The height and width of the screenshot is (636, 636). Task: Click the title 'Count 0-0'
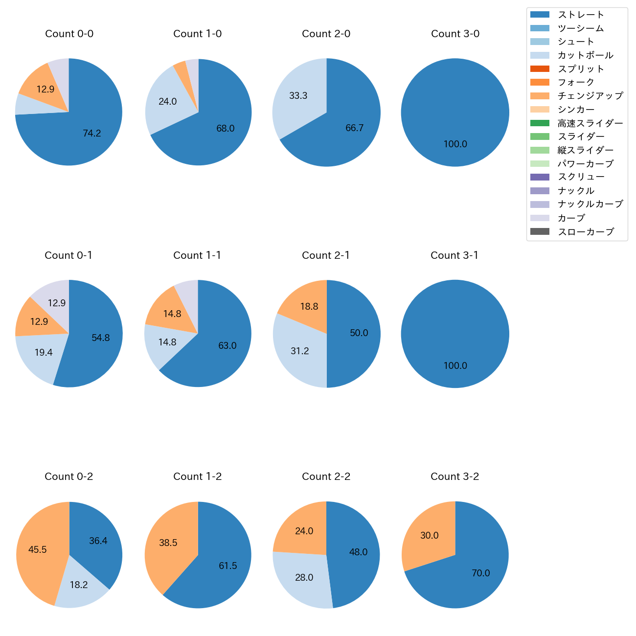point(69,34)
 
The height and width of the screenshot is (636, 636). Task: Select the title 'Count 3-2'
point(454,477)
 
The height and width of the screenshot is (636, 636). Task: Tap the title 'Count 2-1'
point(326,255)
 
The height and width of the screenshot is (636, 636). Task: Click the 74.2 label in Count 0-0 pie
point(92,133)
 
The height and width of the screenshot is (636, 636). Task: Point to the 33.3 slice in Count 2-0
point(298,95)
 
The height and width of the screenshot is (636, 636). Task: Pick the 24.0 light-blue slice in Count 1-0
point(168,102)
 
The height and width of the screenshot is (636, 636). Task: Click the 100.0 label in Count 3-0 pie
point(455,144)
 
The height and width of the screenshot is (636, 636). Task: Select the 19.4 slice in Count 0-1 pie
point(44,352)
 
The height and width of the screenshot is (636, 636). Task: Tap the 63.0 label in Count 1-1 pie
point(227,346)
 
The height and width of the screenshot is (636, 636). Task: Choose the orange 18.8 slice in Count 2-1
point(309,307)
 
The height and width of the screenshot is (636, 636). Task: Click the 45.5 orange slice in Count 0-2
point(38,549)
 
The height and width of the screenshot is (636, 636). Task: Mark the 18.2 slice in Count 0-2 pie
point(79,585)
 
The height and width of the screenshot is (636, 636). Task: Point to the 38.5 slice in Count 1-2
point(168,543)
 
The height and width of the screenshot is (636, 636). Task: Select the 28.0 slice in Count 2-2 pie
point(304,578)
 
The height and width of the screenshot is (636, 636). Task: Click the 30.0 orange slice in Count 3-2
point(429,536)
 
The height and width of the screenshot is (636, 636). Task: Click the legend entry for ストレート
point(580,15)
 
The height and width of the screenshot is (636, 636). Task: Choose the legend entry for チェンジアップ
point(590,96)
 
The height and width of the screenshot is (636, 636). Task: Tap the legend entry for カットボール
point(585,55)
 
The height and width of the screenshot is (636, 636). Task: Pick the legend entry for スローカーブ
point(585,232)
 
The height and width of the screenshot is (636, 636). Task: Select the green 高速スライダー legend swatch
point(540,123)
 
